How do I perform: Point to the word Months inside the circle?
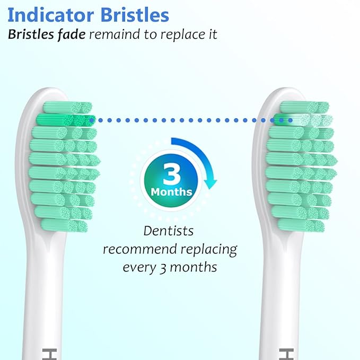coord(171,191)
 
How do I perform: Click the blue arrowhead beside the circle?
coord(212,183)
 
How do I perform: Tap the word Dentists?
coord(169,231)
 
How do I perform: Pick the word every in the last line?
coord(139,267)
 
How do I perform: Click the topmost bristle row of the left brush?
coord(67,107)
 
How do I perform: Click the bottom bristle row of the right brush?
coord(301,225)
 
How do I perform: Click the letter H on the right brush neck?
coord(283,352)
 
